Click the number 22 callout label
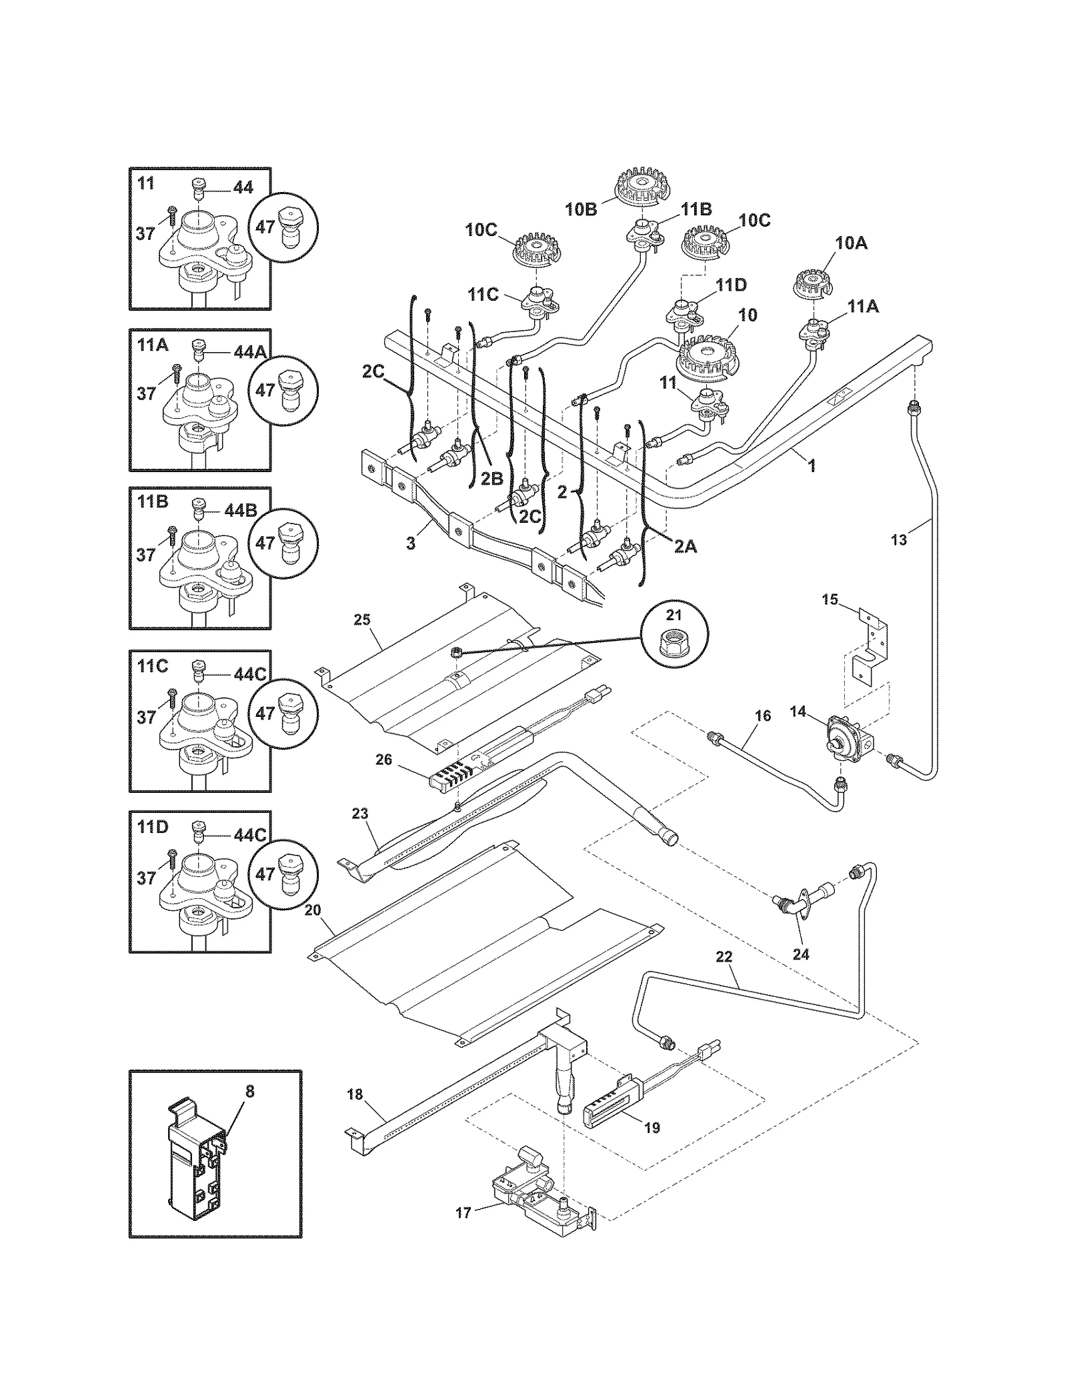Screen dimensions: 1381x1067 coord(724,958)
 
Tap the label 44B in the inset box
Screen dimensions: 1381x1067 coord(241,511)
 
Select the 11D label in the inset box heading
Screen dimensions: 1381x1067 coord(153,828)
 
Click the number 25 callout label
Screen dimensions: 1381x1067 coord(361,620)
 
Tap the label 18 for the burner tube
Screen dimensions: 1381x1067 coord(355,1094)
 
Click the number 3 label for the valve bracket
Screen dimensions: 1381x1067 coord(411,543)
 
